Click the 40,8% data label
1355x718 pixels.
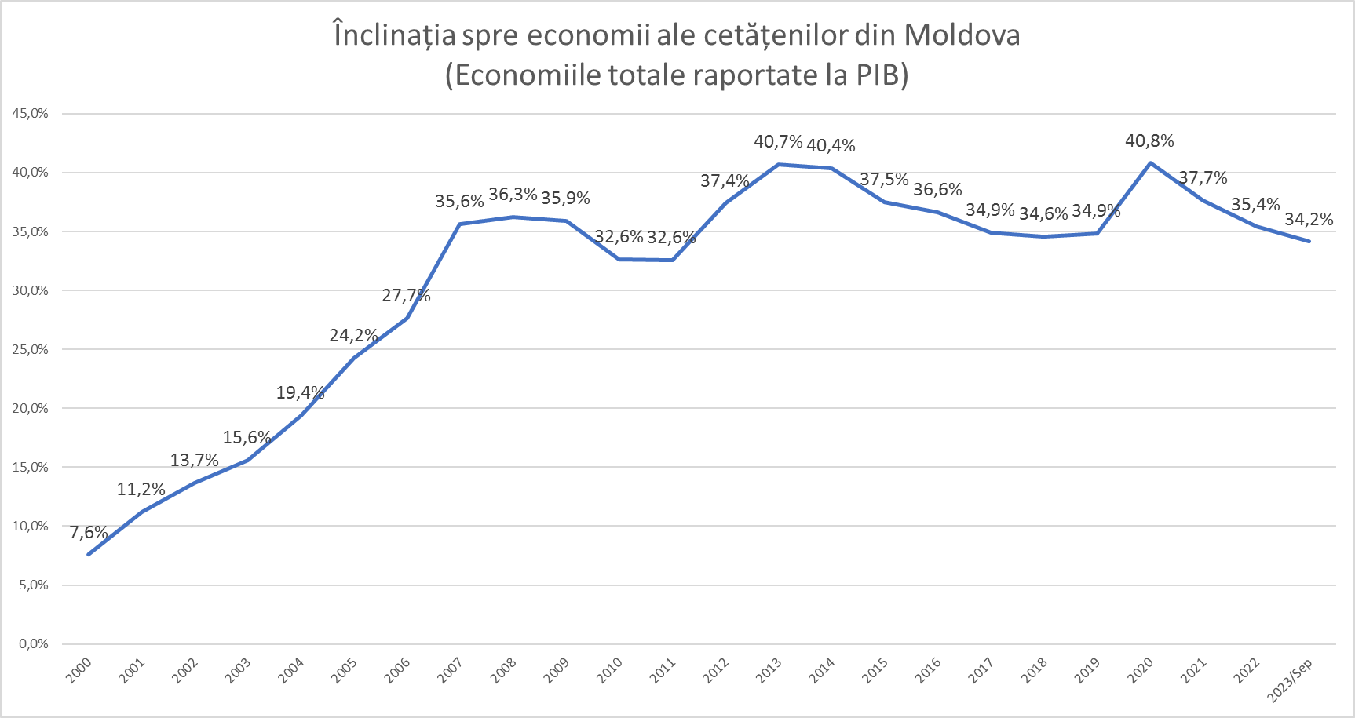pos(1149,141)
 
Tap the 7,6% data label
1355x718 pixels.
pos(89,533)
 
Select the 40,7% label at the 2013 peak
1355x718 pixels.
pos(778,142)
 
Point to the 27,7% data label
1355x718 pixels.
pos(406,296)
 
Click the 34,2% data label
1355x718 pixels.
pos(1309,220)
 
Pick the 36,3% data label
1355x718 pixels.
pos(513,194)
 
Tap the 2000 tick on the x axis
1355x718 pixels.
pos(79,670)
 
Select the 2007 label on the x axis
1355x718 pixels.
pos(450,670)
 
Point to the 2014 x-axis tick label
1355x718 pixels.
pos(821,670)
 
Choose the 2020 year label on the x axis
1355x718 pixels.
pos(1140,670)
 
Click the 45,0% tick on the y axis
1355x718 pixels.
pos(30,114)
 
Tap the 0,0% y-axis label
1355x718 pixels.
pos(33,644)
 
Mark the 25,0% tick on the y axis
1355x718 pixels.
pos(30,350)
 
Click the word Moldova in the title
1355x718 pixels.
pos(962,35)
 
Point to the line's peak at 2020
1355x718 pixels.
pos(1150,163)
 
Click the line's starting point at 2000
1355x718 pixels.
pos(89,554)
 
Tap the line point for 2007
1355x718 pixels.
pos(460,224)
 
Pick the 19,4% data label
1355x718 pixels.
pos(300,393)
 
